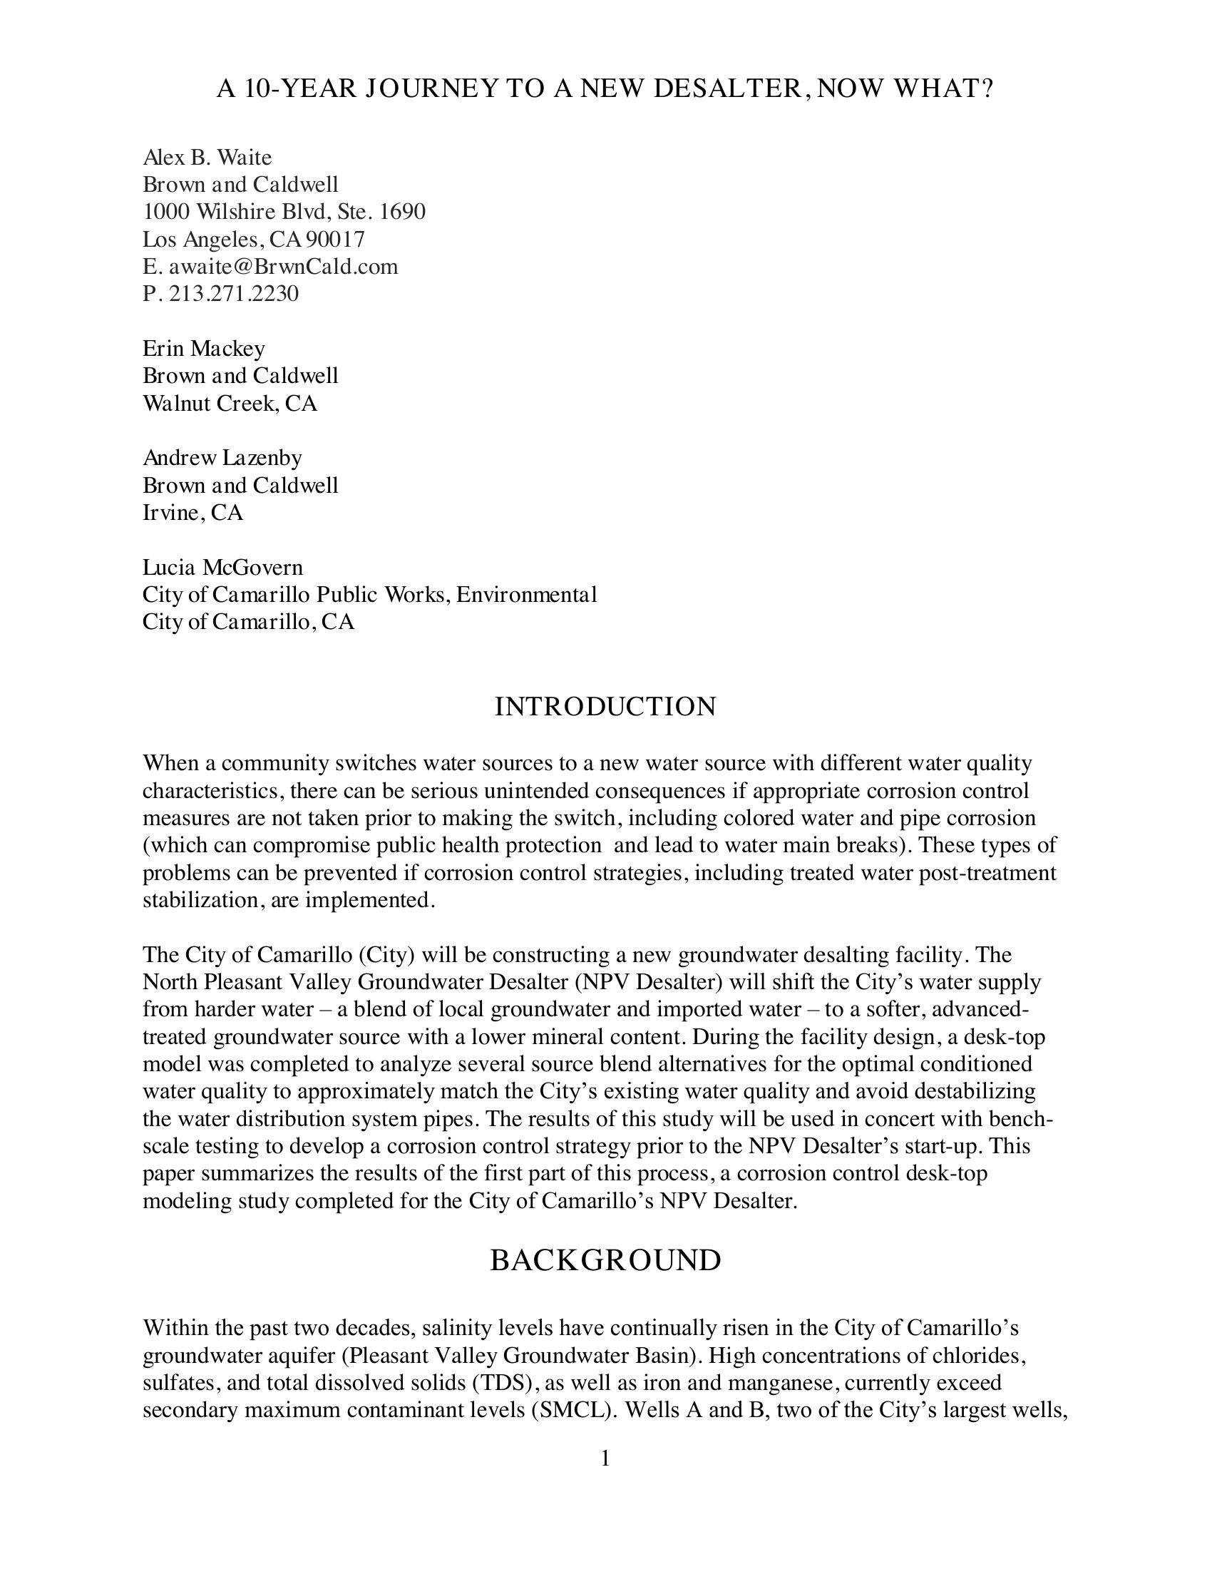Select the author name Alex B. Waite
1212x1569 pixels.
click(207, 157)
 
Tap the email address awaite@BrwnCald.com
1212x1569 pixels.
click(283, 267)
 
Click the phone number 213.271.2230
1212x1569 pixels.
click(233, 294)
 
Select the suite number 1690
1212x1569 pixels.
click(402, 212)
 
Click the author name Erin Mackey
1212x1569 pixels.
click(204, 349)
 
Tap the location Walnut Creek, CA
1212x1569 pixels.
click(230, 404)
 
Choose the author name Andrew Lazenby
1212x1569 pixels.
click(222, 458)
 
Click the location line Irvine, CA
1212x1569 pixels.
click(192, 513)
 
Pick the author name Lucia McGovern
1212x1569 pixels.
click(222, 568)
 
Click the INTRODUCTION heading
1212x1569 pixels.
click(605, 707)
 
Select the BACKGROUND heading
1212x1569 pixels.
click(605, 1261)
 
